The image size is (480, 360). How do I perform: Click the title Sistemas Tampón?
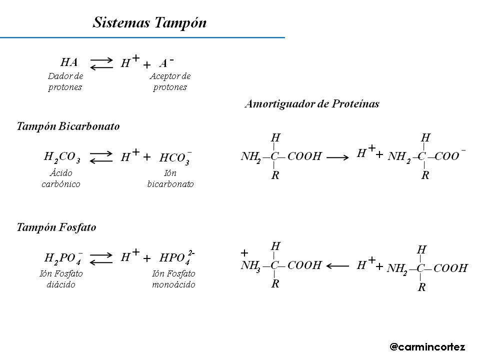coord(149,23)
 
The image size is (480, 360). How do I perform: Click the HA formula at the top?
coord(69,62)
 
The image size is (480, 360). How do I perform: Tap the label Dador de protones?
coord(65,82)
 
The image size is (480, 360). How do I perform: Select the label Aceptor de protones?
coord(170,82)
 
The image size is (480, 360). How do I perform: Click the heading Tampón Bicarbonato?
coord(68,126)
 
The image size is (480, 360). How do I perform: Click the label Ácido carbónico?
coord(61,178)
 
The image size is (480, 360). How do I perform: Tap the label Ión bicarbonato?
coord(170,178)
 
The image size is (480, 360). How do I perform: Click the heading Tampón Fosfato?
coord(56,227)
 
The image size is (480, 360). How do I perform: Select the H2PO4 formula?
coord(63,258)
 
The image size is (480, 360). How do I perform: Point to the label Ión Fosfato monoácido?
coord(173,279)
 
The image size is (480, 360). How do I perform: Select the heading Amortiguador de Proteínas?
coord(311,104)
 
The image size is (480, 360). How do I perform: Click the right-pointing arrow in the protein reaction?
coord(337,157)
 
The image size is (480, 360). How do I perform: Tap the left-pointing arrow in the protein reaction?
coord(337,266)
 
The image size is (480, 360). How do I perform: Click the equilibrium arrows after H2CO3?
coord(102,157)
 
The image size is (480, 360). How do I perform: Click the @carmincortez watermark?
coord(427,346)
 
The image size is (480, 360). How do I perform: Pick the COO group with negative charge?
coord(448,156)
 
